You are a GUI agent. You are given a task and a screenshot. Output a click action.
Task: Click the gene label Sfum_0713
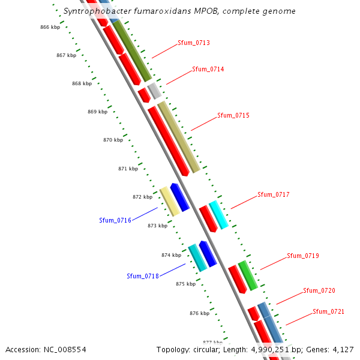[x=194, y=43]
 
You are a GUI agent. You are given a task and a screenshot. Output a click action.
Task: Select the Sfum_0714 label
[x=208, y=70]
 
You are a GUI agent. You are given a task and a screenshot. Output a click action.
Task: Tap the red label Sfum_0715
[x=233, y=115]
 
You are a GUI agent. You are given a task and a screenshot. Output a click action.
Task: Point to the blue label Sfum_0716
[x=115, y=221]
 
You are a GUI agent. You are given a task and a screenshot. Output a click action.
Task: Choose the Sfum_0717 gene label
[x=274, y=194]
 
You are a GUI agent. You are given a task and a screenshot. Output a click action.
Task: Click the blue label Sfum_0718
[x=143, y=276]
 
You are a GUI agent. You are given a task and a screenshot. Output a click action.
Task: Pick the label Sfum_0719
[x=303, y=256]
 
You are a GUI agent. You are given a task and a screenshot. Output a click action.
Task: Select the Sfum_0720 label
[x=319, y=290]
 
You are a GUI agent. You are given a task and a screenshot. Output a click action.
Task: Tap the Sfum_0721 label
[x=329, y=312]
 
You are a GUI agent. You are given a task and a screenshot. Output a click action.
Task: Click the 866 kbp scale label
[x=50, y=28]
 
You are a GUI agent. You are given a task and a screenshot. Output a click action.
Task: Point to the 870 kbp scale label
[x=113, y=140]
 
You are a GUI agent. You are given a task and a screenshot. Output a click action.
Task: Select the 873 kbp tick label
[x=157, y=226]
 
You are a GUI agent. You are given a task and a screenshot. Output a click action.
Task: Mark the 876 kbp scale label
[x=199, y=313]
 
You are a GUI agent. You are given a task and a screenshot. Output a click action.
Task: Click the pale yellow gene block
[x=170, y=202]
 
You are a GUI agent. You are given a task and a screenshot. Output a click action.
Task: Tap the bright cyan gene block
[x=218, y=215]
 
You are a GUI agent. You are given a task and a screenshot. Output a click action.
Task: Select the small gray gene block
[x=154, y=91]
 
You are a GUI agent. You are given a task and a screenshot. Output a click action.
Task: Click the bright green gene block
[x=248, y=275]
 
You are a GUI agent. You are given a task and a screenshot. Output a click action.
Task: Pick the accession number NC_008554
[x=46, y=349]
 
